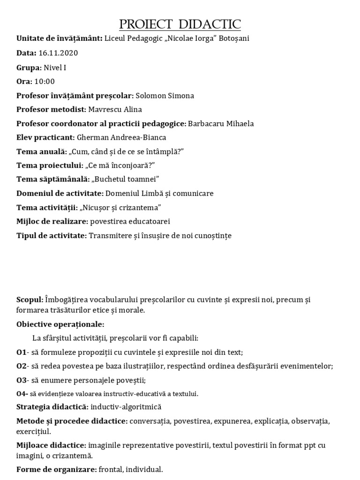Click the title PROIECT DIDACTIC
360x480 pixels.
click(180, 24)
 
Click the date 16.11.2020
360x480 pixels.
click(58, 53)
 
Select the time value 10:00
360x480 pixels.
click(45, 82)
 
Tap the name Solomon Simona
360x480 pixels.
click(165, 96)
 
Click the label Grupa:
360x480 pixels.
click(29, 67)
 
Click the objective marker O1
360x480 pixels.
click(21, 352)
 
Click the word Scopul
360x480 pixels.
click(30, 300)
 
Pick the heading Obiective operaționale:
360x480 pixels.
click(60, 324)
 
